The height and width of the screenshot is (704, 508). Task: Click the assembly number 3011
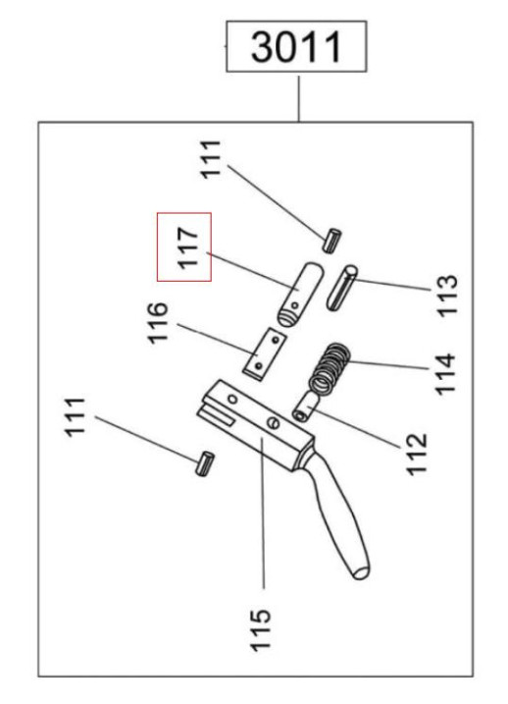click(x=298, y=46)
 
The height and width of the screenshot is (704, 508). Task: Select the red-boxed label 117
click(x=186, y=246)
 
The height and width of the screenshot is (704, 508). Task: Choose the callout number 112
click(x=416, y=451)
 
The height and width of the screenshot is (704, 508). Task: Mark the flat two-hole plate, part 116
click(x=262, y=353)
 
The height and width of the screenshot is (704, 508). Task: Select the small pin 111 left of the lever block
click(x=204, y=461)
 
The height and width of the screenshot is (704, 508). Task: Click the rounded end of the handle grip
click(x=360, y=569)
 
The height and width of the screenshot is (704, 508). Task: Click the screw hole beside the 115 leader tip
click(x=272, y=423)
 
